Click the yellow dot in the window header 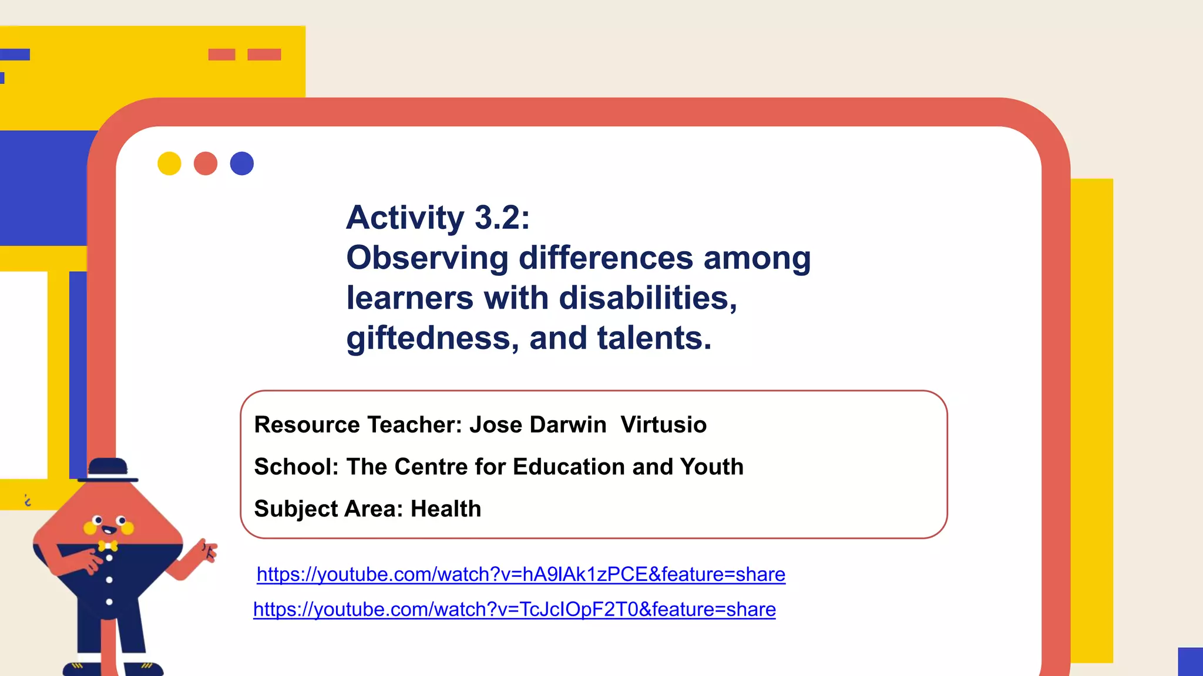tap(169, 164)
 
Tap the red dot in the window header tap(206, 164)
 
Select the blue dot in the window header tap(242, 164)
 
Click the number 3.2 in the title tap(502, 218)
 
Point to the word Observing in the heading tap(428, 258)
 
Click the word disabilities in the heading tap(647, 298)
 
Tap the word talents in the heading tap(654, 339)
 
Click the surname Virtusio tap(663, 425)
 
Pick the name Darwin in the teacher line tap(567, 425)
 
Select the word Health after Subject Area tap(446, 509)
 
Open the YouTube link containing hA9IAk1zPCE tap(520, 574)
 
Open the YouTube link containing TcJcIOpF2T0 tap(515, 610)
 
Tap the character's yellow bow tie tap(107, 546)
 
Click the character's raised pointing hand tap(206, 550)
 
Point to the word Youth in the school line tap(712, 467)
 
